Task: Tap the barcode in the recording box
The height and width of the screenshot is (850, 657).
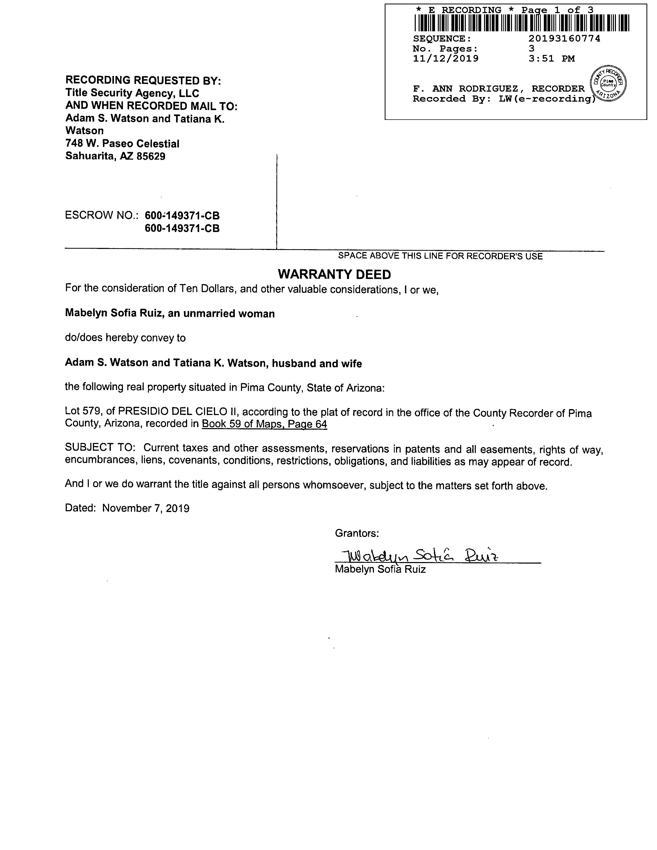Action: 521,23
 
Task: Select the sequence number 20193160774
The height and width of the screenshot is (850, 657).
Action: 564,38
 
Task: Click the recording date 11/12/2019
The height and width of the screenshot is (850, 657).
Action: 446,59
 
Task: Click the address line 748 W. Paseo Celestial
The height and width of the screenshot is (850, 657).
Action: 122,144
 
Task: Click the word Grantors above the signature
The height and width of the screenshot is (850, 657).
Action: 356,533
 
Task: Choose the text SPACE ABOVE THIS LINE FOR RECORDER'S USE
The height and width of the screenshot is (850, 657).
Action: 440,256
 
